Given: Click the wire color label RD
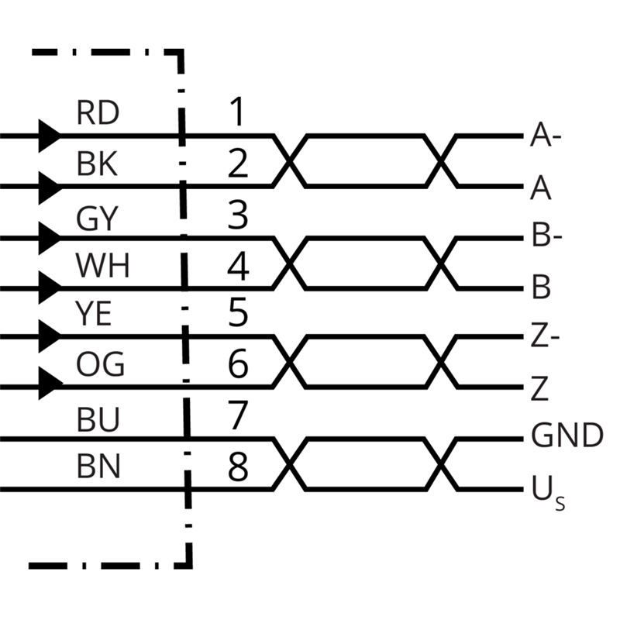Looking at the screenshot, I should (x=98, y=114).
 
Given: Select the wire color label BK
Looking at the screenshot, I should (x=97, y=164).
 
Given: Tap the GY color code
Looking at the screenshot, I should (x=97, y=219).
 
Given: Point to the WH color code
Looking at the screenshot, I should (x=102, y=267).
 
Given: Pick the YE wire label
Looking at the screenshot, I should (x=95, y=315).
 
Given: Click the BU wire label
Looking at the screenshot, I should (x=98, y=421).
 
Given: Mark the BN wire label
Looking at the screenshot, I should (x=98, y=467).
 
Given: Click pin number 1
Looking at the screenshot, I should (x=237, y=112).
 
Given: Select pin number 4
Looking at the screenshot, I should (x=238, y=267).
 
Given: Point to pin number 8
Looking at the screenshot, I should (x=238, y=467).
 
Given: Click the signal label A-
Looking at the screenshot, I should (x=546, y=138).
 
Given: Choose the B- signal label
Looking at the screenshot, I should (x=546, y=236).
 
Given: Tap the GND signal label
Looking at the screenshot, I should (x=567, y=437).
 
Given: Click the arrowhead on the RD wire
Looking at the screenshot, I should (x=49, y=136).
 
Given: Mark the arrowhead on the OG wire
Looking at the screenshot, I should (x=49, y=383).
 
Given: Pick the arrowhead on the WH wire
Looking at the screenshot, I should (x=49, y=288).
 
